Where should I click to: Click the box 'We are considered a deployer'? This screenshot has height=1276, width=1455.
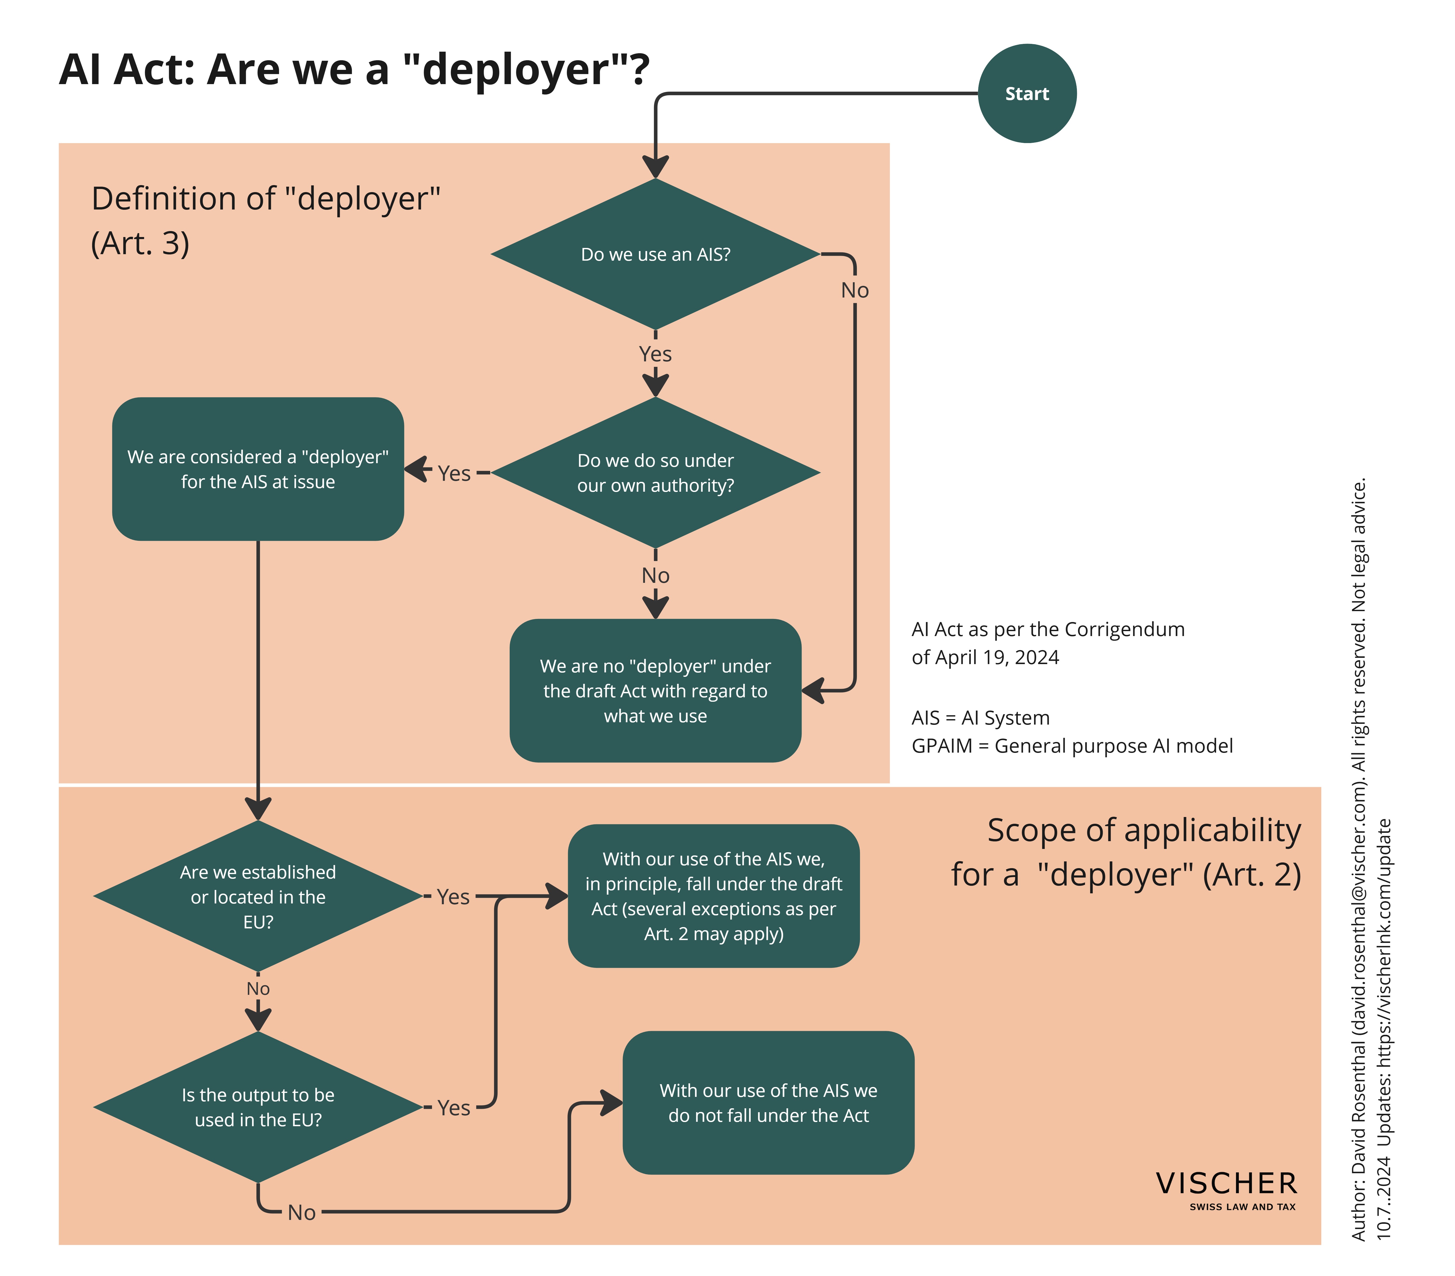click(258, 469)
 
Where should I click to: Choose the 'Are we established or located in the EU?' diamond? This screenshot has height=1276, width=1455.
click(258, 896)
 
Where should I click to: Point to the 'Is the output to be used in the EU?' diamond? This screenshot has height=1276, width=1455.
click(258, 1107)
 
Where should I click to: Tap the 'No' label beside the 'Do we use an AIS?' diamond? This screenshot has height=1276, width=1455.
click(855, 291)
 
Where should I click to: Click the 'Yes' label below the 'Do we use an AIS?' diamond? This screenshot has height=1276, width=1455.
click(655, 354)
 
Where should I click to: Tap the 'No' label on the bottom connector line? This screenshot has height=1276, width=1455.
click(302, 1213)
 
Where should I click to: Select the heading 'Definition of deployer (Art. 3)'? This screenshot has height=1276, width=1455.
click(265, 221)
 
